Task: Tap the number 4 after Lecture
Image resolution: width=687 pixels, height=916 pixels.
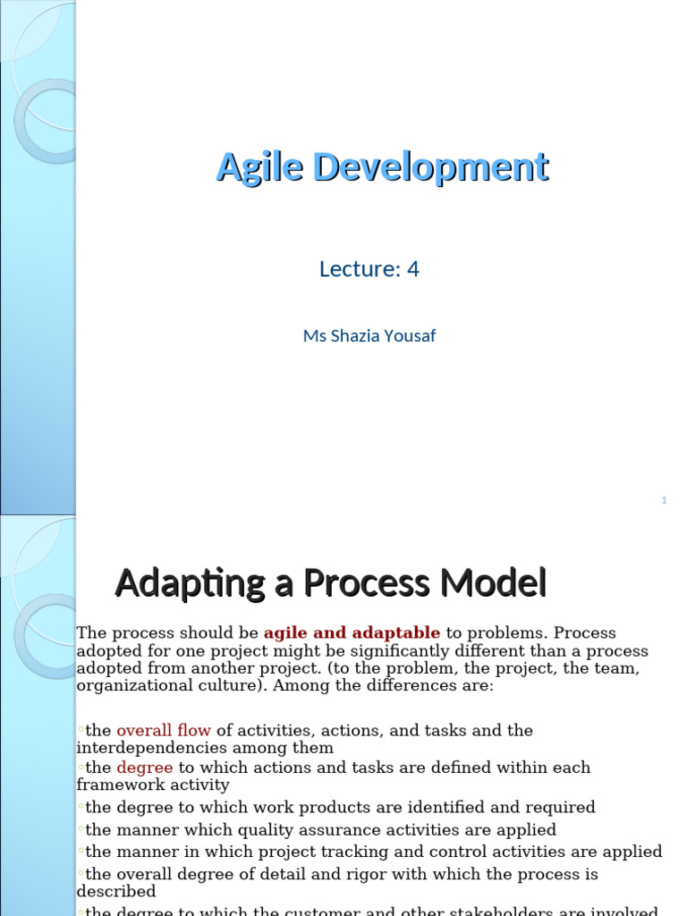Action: (412, 268)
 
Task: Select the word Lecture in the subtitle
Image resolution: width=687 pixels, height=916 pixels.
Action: (356, 268)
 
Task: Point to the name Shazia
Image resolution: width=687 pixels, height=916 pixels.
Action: (357, 336)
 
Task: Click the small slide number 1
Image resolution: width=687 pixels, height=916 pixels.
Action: (664, 501)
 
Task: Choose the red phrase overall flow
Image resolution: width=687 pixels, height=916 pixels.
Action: (164, 731)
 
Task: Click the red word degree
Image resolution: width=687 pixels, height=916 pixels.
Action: (144, 768)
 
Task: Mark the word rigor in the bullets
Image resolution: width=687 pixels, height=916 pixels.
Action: (358, 874)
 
